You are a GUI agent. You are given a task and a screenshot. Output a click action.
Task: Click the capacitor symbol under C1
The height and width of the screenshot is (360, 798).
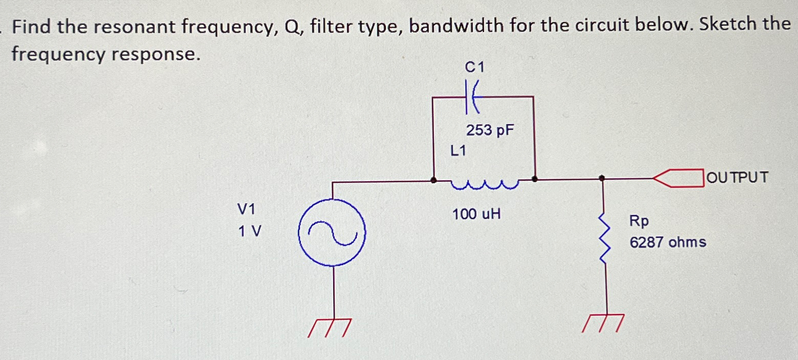[x=472, y=97]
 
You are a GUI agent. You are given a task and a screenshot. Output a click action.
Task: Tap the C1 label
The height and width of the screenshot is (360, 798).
[x=474, y=67]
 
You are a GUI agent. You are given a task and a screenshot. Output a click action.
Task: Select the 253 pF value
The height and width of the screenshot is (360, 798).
[x=489, y=131]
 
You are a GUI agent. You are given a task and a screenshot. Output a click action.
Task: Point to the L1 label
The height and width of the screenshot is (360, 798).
[x=458, y=151]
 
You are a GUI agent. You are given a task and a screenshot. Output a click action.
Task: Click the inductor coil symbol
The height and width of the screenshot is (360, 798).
[x=484, y=184]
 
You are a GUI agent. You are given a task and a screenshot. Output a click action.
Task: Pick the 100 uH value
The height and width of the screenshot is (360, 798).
[x=476, y=214]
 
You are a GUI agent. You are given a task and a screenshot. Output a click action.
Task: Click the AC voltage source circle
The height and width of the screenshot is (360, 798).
[x=332, y=232]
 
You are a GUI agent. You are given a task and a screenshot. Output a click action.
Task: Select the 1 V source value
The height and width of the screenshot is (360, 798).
[x=249, y=232]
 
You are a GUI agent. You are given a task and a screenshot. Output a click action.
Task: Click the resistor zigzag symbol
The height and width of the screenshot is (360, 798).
[x=605, y=240]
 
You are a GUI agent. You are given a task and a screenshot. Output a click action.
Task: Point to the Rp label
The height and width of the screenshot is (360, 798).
[x=639, y=221]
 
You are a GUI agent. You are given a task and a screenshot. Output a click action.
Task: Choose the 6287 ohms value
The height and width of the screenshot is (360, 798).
[x=668, y=242]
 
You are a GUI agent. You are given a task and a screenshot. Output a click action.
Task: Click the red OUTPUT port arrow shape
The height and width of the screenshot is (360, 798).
[x=679, y=179]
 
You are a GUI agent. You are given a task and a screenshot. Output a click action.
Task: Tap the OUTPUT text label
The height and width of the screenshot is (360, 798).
[x=738, y=178]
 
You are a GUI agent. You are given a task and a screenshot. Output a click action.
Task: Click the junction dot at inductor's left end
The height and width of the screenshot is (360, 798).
[x=434, y=180]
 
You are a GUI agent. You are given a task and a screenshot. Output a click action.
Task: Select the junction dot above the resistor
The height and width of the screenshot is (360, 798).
[x=603, y=178]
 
